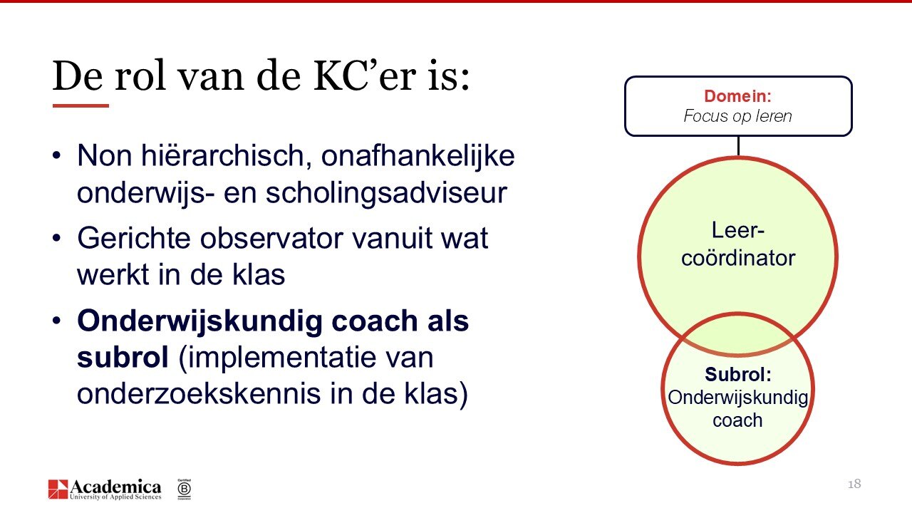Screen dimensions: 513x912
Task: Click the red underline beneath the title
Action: [x=81, y=105]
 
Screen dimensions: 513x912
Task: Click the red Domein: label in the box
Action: [x=737, y=96]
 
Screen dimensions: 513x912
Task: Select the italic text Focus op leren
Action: [x=737, y=116]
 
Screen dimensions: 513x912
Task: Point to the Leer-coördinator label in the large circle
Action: [x=737, y=244]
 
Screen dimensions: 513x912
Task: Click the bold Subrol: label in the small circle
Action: [x=737, y=375]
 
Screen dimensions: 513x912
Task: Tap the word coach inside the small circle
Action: [x=737, y=420]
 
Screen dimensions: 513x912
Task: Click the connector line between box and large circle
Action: [x=738, y=146]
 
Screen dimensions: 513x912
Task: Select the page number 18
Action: [x=854, y=484]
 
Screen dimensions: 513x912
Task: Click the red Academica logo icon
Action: [x=58, y=489]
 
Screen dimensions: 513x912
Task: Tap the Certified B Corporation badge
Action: [x=184, y=488]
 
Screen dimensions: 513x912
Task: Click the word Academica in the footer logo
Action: [x=115, y=486]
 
